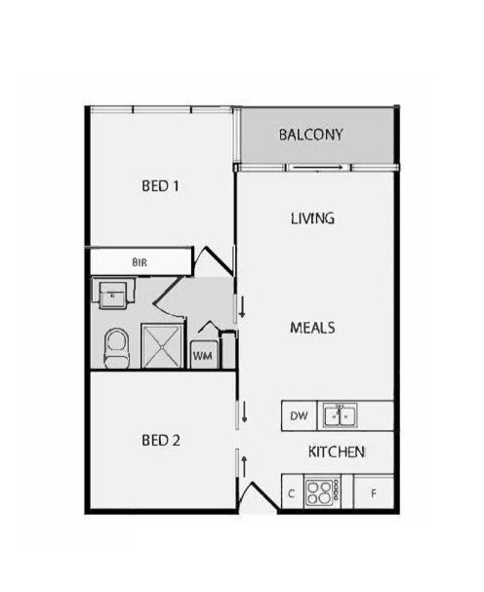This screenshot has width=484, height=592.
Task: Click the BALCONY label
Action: coord(310,135)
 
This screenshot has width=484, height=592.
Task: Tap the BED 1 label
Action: coord(160,185)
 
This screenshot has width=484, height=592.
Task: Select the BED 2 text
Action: coord(161,440)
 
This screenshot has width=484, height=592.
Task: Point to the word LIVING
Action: coord(312,218)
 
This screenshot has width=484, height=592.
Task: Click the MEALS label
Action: coord(312,328)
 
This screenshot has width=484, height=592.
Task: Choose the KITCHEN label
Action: coord(337,452)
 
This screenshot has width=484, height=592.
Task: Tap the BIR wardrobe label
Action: coord(140,262)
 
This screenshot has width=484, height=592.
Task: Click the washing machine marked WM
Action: coord(203,355)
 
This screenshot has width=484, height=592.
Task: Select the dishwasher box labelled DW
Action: coord(299,415)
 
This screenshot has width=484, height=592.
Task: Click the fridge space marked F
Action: coord(374,493)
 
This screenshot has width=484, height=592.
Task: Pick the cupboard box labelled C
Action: coord(293,493)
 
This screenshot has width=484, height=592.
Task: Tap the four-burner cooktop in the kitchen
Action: coord(322,493)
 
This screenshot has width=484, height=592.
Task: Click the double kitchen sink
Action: coord(340,415)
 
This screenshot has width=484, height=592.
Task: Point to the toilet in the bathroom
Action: coord(117,348)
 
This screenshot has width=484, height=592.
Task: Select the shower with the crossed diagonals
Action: coord(162,345)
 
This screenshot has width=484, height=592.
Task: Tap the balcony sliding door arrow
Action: coord(318,167)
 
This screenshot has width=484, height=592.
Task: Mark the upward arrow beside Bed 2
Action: coord(244,466)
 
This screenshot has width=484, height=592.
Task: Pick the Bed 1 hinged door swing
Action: coord(215,260)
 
